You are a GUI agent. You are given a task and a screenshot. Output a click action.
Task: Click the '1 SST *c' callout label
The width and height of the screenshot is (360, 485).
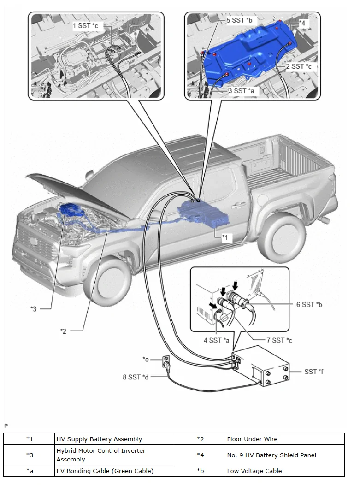[85, 26]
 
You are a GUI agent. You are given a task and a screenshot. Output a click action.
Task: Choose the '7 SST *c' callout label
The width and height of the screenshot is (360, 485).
[279, 340]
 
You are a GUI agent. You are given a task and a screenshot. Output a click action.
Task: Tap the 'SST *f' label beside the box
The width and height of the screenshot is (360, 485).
[313, 371]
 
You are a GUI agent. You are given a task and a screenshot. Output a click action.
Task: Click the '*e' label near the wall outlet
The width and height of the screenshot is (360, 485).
[146, 358]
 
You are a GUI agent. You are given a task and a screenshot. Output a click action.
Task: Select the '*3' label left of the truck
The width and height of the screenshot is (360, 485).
[33, 308]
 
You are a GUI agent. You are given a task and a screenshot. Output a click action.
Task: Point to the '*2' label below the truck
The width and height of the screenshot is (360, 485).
[64, 331]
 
